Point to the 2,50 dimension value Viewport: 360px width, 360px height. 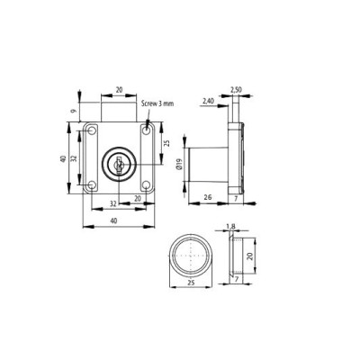pos(236,89)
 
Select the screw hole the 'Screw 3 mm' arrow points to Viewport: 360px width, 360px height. pos(147,132)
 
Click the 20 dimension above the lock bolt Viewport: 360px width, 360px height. pos(120,90)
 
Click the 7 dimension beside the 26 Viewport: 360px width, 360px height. pos(235,196)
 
